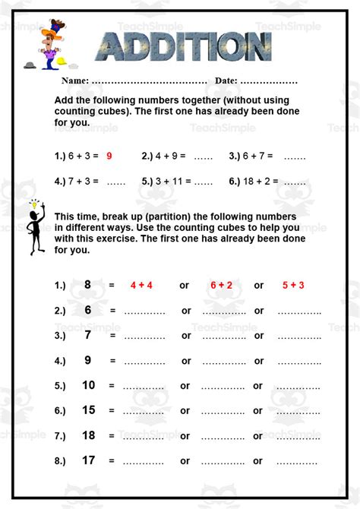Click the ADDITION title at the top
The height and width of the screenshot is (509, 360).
tap(185, 48)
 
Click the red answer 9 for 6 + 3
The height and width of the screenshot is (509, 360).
tap(109, 156)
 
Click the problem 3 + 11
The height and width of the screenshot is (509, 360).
tap(166, 182)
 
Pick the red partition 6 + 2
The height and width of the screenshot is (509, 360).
tap(221, 286)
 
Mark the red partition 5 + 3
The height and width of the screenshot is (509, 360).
tap(292, 286)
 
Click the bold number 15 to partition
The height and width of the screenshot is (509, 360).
tap(88, 410)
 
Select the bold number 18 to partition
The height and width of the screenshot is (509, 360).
tap(88, 435)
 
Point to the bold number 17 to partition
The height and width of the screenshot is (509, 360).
tap(88, 460)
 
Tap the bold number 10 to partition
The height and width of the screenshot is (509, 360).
tap(88, 385)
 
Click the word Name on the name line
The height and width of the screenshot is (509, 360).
tap(74, 81)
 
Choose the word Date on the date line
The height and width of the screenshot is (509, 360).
tap(226, 81)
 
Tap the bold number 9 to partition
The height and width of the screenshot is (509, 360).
tap(88, 360)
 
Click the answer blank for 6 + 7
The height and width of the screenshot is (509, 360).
tap(295, 157)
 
